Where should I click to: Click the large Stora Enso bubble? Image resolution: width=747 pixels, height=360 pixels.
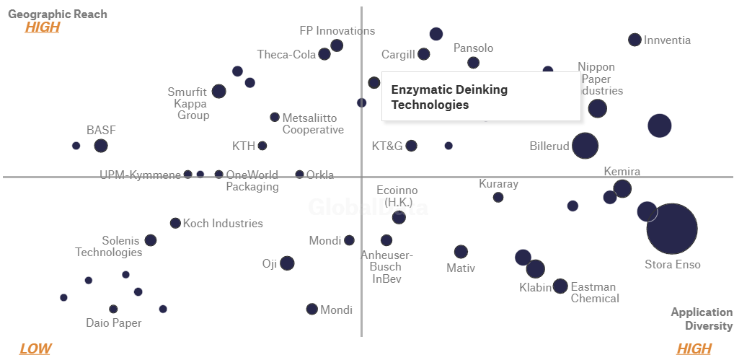[671, 229]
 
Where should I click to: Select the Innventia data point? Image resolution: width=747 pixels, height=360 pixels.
[635, 40]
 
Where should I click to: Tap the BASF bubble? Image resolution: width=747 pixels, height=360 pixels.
[101, 146]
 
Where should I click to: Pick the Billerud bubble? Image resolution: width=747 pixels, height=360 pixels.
[585, 146]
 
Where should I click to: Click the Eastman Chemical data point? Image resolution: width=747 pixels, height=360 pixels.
[560, 286]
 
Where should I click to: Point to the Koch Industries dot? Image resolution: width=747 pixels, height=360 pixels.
[175, 224]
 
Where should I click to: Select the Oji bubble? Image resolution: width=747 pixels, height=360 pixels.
[287, 263]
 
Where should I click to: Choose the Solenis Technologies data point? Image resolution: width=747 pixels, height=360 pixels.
[151, 240]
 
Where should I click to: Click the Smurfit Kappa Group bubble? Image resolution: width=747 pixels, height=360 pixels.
[218, 92]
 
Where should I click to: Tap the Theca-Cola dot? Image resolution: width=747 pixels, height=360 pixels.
[324, 54]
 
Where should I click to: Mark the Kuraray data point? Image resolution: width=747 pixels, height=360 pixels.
[498, 198]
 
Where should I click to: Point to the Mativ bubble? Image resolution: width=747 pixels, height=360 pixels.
[461, 252]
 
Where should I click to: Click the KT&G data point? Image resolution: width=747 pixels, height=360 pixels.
[411, 146]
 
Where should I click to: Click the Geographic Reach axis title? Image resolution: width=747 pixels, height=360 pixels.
[58, 14]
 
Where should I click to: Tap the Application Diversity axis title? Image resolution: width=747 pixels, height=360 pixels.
[701, 319]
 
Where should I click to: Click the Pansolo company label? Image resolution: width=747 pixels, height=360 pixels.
[473, 48]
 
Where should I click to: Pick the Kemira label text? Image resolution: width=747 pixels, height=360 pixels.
[622, 172]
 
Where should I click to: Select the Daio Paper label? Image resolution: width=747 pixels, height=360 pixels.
[113, 323]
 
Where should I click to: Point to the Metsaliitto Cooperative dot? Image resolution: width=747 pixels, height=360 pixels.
[275, 118]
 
